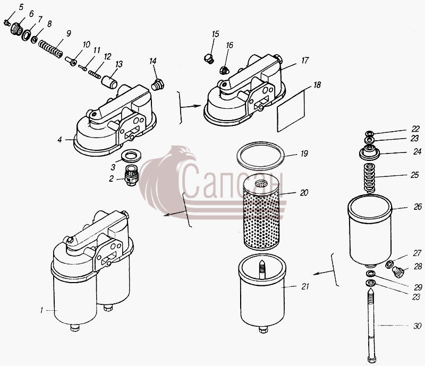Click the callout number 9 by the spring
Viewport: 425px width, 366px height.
[69, 33]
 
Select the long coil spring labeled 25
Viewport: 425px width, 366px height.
[369, 178]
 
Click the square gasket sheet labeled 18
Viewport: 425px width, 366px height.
[291, 111]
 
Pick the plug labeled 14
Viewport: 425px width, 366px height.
[157, 84]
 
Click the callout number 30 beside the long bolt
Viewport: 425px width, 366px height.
[418, 326]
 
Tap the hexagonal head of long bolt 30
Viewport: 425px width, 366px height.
[371, 360]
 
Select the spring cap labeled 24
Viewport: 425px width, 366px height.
[369, 153]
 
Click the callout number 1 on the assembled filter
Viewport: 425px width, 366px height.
[41, 310]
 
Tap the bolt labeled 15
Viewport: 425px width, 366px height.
[209, 58]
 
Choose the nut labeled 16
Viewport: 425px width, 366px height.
[224, 70]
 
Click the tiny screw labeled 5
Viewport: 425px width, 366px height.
[7, 23]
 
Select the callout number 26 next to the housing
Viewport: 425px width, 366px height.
[418, 207]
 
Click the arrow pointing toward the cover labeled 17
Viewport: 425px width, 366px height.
[191, 107]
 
